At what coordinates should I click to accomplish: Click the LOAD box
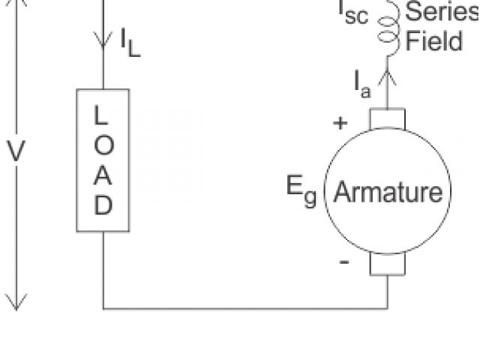[103, 160]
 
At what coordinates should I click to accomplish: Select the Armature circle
[388, 193]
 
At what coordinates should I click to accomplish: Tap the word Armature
[388, 193]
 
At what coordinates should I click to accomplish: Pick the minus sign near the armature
[344, 262]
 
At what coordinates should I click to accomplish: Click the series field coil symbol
[388, 30]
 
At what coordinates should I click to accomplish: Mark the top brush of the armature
[388, 118]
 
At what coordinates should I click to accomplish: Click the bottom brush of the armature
[388, 264]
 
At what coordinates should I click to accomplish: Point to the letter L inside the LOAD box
[103, 116]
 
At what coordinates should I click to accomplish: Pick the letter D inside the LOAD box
[103, 204]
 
